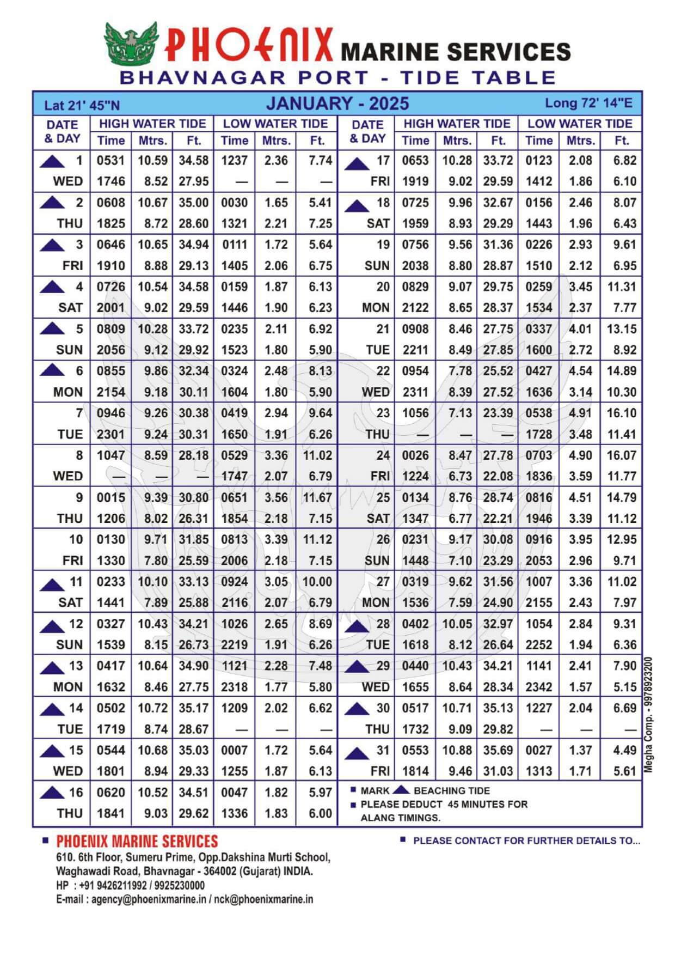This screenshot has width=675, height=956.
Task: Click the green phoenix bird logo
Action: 131,43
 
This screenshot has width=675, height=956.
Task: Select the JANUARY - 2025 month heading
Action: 337,103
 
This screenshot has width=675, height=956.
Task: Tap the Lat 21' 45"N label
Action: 82,106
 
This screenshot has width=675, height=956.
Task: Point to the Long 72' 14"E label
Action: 588,103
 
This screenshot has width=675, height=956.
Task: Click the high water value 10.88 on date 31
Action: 456,750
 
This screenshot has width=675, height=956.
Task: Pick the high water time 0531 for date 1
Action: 111,161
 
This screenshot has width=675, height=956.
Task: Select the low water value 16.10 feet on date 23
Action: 622,413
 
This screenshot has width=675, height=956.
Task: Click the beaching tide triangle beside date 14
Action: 52,709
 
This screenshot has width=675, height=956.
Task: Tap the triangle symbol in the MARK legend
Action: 401,790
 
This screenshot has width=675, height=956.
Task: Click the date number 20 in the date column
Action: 383,287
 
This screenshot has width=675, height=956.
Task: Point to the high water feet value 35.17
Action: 193,708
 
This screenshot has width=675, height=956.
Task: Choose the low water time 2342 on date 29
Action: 538,687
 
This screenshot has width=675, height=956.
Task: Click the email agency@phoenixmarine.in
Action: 148,899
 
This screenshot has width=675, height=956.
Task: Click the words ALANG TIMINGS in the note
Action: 400,818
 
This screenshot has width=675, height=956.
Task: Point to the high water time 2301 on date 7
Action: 111,434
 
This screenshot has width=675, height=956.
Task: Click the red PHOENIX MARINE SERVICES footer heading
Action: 137,841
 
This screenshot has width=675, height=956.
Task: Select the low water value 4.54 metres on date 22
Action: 580,371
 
